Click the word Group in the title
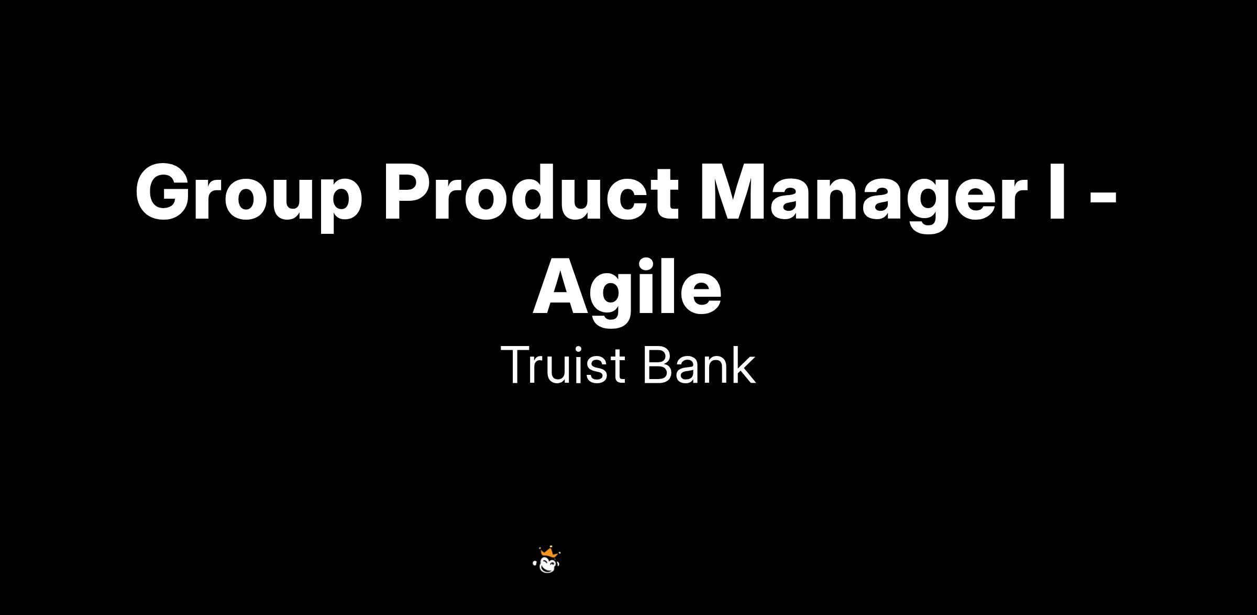click(249, 197)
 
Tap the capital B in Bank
click(657, 365)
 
